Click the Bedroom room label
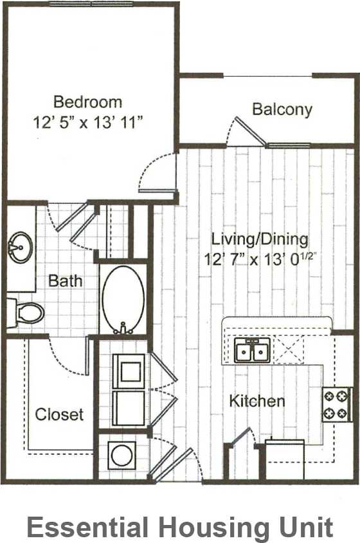(x=87, y=102)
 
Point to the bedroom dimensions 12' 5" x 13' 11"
(x=87, y=123)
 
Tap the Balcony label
(x=282, y=109)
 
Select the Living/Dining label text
(x=260, y=239)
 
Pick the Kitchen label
(x=257, y=401)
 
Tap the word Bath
(x=66, y=281)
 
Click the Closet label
(x=59, y=414)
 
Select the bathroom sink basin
(x=21, y=245)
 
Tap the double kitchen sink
(x=252, y=351)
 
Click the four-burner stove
(x=336, y=404)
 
